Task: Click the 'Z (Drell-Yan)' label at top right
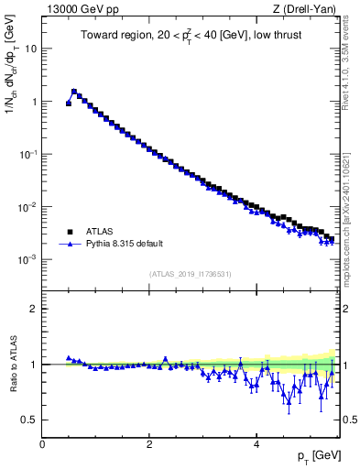309,10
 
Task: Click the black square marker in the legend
71,232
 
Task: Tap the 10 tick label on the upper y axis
31,49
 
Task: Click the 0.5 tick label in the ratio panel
29,420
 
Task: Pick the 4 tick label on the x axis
256,444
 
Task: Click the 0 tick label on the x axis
42,444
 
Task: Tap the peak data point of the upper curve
74,92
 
